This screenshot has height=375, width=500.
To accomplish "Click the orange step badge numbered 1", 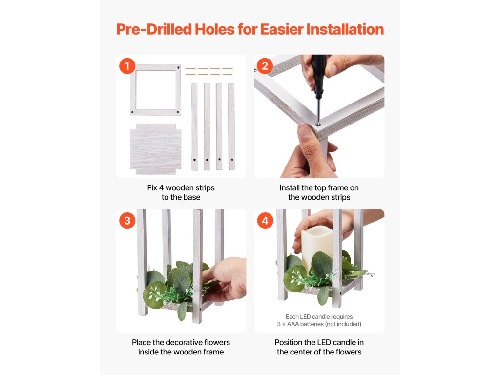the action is click(x=127, y=66).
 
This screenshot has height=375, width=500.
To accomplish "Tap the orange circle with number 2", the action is click(x=265, y=66).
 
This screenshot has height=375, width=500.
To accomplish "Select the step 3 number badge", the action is click(x=127, y=221).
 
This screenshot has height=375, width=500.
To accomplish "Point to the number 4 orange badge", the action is click(x=265, y=221).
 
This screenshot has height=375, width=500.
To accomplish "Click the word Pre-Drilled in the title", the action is click(x=154, y=29).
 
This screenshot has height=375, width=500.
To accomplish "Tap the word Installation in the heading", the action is click(x=345, y=29).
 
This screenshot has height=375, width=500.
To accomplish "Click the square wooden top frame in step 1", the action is click(x=156, y=90).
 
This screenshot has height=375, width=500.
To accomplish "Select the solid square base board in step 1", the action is click(x=156, y=149).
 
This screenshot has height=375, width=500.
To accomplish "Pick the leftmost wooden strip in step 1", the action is click(x=194, y=127).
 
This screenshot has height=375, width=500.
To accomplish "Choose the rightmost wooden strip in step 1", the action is click(x=231, y=127).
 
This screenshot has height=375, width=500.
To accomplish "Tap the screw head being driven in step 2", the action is click(x=317, y=125).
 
